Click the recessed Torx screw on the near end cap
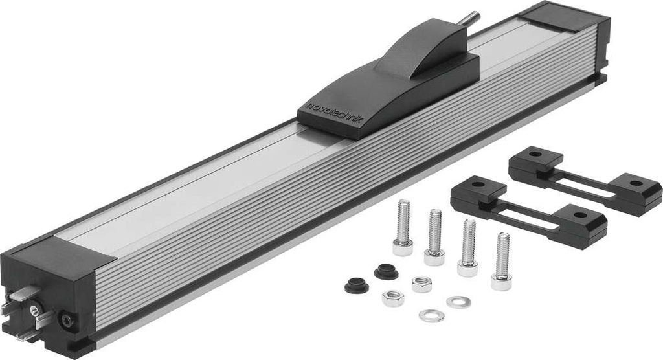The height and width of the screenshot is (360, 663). pos(65,320)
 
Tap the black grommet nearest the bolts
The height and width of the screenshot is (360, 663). pos(387,271)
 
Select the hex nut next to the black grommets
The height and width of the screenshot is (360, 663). pos(392,298)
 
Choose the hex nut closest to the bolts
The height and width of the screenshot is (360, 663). pos(422,284)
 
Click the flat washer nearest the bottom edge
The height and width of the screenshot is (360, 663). pos(431,315)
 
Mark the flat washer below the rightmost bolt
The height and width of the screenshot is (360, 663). pos(458,302)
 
